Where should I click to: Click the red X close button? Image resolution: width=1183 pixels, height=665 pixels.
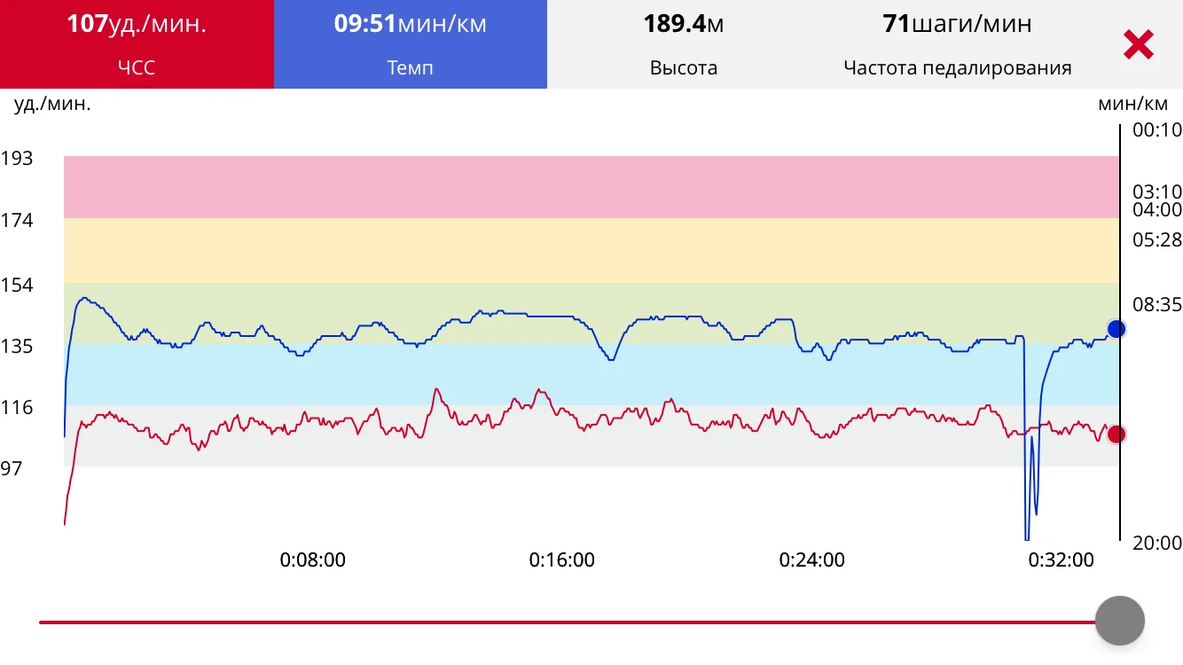click(x=1138, y=44)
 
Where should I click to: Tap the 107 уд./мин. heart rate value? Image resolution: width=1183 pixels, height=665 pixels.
click(x=137, y=24)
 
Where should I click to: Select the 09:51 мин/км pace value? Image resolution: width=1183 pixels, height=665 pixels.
click(x=411, y=24)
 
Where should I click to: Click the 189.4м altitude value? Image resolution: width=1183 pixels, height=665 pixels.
click(x=684, y=24)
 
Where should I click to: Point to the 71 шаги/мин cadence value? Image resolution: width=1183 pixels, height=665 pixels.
click(x=957, y=24)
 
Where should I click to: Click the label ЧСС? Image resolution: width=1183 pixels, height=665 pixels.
click(x=137, y=67)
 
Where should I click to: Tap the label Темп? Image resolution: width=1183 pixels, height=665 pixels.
click(x=411, y=67)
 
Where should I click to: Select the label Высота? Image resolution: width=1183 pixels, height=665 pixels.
click(x=684, y=67)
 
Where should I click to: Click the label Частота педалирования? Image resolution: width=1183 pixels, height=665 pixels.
click(x=957, y=67)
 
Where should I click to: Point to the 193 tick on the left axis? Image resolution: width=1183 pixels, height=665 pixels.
click(x=17, y=159)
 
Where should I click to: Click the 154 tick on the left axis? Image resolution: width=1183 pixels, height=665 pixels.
click(x=17, y=286)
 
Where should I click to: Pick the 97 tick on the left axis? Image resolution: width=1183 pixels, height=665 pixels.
click(x=12, y=468)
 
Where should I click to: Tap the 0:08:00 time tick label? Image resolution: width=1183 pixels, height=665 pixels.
click(x=313, y=560)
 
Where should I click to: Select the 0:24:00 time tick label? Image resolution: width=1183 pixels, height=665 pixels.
click(x=811, y=560)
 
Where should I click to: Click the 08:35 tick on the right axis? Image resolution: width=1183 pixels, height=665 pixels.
click(x=1157, y=305)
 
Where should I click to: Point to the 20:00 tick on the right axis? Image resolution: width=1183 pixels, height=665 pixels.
click(x=1157, y=543)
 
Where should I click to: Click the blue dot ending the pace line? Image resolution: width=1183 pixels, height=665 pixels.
click(x=1116, y=329)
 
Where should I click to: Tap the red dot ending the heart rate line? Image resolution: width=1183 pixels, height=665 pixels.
click(x=1116, y=434)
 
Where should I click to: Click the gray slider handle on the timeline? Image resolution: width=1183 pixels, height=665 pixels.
click(x=1120, y=621)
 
